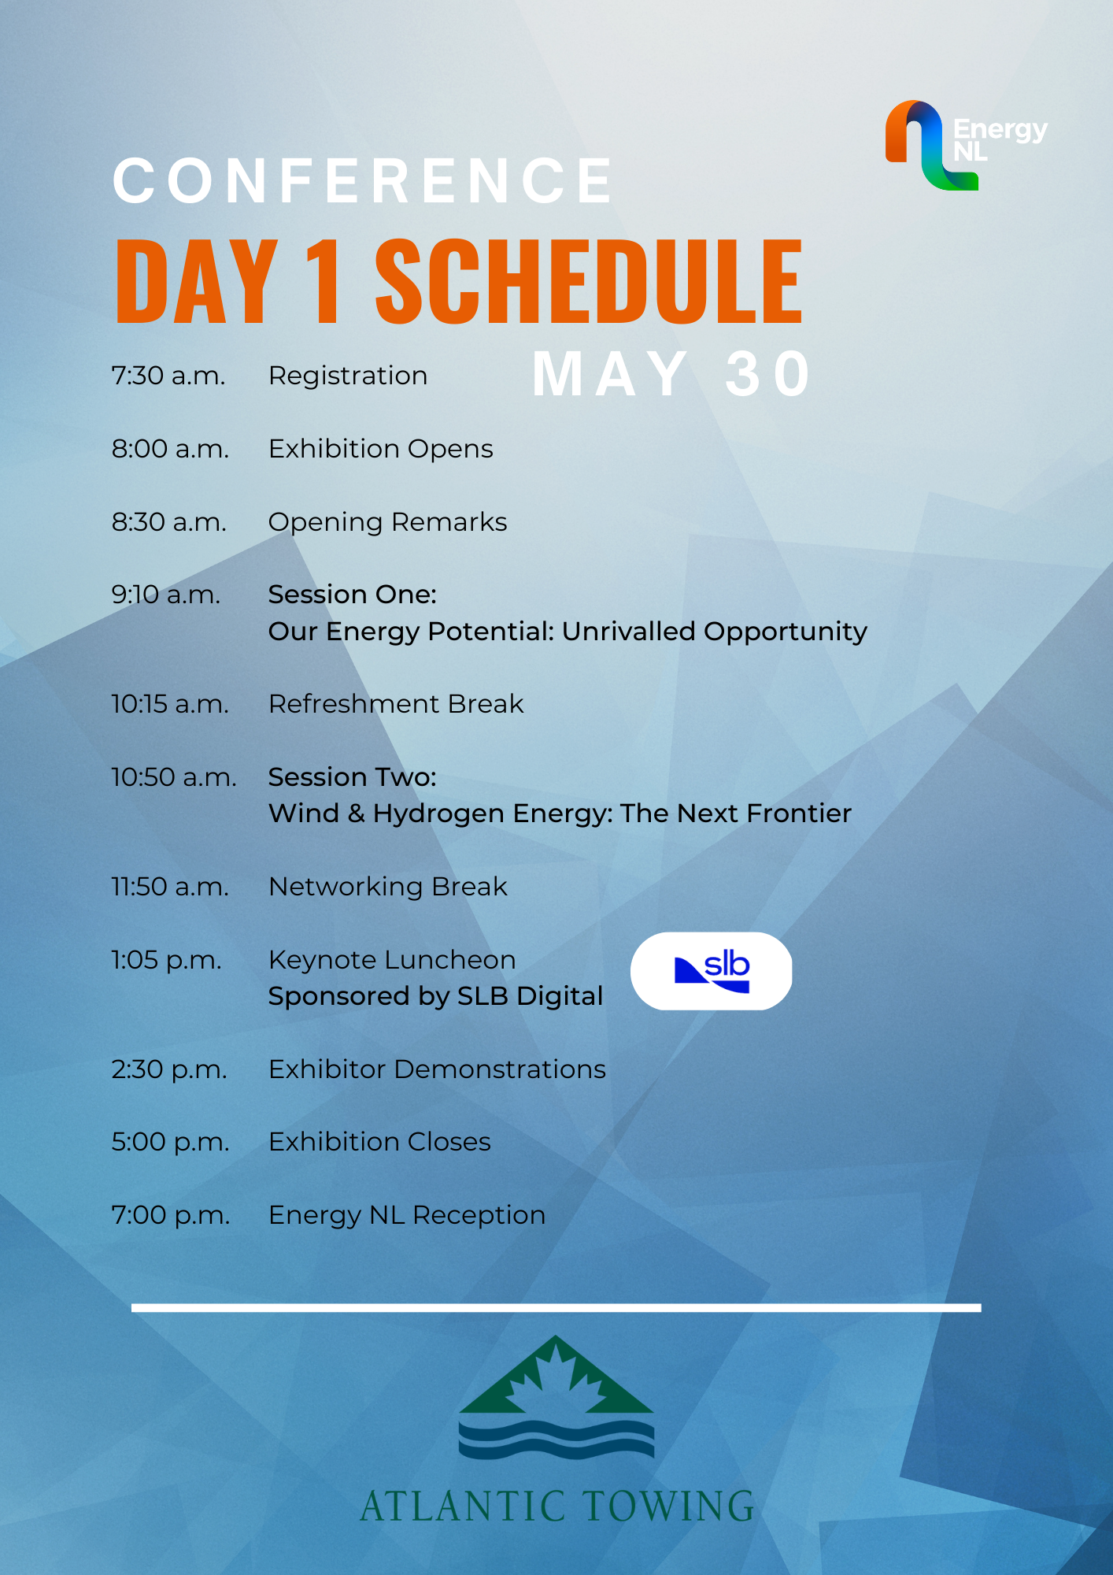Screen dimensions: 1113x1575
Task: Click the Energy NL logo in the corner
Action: [967, 145]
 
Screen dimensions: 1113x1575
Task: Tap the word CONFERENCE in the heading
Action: [363, 180]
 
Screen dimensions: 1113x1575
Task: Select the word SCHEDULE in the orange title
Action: [589, 281]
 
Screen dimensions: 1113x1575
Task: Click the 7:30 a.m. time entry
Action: [168, 376]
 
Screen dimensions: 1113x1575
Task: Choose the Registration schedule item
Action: [348, 376]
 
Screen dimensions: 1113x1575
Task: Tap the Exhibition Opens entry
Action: [381, 449]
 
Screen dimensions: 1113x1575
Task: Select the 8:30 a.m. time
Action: [169, 522]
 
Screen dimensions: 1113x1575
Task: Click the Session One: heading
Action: [353, 595]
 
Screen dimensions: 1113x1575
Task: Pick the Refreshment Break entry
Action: [396, 704]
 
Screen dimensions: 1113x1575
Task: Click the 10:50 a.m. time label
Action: [174, 777]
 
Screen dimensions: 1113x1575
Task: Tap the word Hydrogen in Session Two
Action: [438, 814]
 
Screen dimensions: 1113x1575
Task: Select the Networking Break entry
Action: [388, 887]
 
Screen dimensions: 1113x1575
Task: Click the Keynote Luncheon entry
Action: [392, 960]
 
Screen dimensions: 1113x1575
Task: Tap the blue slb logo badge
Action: [712, 971]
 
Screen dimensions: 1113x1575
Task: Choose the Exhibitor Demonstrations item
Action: [438, 1069]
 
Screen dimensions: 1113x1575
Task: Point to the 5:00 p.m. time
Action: [171, 1143]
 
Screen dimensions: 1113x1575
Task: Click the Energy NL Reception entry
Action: [407, 1215]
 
